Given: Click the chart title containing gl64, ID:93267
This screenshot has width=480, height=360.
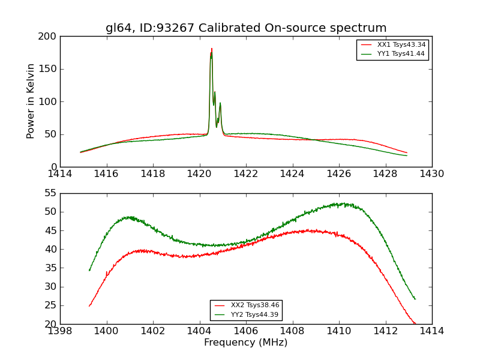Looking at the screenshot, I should coord(246,28).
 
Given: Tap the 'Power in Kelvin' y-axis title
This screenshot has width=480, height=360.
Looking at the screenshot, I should coord(31,101).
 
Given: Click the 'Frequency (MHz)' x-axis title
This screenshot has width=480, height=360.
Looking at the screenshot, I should coord(246,343).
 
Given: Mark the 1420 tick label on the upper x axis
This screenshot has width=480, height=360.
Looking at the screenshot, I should coord(199,174).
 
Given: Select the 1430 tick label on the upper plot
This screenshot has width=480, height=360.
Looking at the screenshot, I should coord(431,174).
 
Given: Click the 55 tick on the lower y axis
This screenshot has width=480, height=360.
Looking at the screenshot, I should coord(50,193).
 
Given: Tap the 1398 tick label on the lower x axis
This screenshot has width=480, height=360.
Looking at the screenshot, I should coord(60,331).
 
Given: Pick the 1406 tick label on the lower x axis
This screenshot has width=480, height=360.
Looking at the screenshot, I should coord(245,331).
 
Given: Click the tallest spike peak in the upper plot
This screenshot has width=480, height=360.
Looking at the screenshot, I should coord(212,49).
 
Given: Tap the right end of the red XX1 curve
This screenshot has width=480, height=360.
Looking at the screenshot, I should coord(407,153).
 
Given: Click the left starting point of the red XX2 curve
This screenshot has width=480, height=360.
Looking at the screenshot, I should coord(89,306).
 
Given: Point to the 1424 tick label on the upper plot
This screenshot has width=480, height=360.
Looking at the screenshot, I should coord(292,174).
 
